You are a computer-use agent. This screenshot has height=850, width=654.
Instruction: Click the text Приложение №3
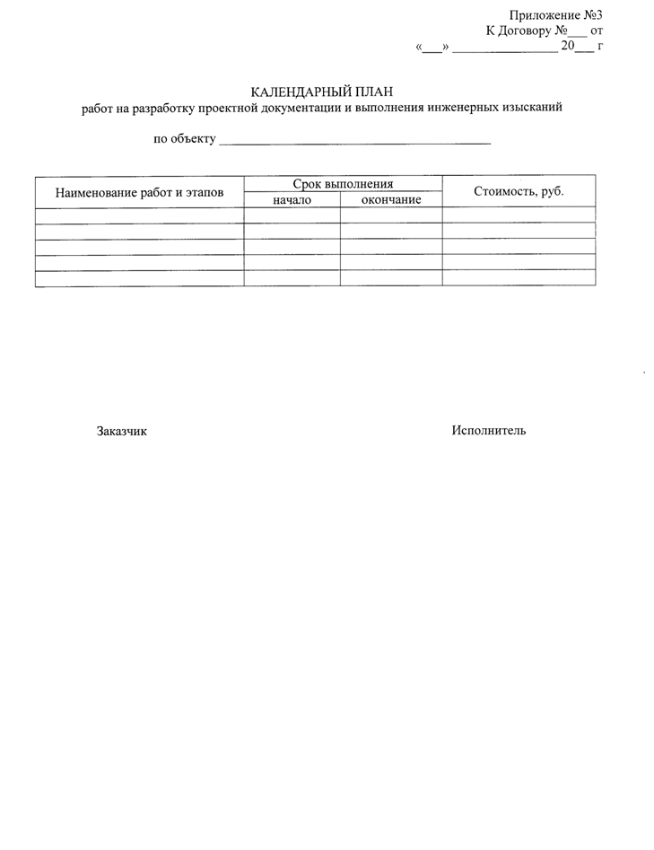click(554, 14)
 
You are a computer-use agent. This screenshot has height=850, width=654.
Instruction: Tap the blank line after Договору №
click(579, 32)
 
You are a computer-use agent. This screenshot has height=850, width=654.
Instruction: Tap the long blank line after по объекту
click(355, 143)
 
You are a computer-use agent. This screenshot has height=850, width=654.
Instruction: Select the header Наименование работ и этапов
click(139, 192)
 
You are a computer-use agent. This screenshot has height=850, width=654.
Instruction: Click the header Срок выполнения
click(343, 184)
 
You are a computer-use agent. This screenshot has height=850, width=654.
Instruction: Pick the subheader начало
click(292, 200)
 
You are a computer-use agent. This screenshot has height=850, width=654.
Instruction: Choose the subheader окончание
click(391, 200)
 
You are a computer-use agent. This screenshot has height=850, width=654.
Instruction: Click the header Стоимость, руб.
click(519, 191)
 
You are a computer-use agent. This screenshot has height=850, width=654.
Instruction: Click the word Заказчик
click(122, 432)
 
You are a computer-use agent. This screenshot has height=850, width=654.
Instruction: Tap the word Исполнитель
click(489, 431)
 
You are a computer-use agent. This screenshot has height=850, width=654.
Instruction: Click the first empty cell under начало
click(292, 215)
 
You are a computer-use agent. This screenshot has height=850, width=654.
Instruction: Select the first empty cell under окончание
click(391, 215)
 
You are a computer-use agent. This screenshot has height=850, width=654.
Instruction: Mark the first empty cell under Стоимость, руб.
click(519, 215)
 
